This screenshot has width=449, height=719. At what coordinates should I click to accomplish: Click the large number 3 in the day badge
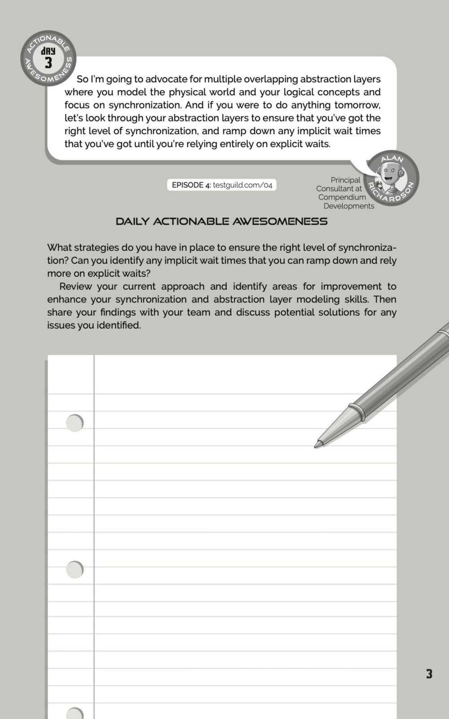click(x=48, y=62)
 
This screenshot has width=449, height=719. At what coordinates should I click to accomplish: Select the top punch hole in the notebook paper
click(x=75, y=423)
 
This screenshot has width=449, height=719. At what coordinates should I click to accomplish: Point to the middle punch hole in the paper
click(x=75, y=569)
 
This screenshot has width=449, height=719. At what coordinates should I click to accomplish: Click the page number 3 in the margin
click(x=429, y=674)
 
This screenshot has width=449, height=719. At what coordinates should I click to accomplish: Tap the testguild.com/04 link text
click(x=242, y=185)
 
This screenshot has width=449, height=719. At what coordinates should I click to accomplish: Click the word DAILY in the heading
click(x=132, y=222)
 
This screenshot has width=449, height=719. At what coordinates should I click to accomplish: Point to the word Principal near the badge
click(x=345, y=180)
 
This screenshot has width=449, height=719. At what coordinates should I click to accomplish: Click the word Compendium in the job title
click(x=342, y=197)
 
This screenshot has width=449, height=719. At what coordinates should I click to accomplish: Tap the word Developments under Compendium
click(x=348, y=206)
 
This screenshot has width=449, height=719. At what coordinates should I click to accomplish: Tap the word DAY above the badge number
click(x=48, y=51)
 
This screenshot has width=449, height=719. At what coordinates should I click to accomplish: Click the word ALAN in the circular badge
click(x=392, y=159)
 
